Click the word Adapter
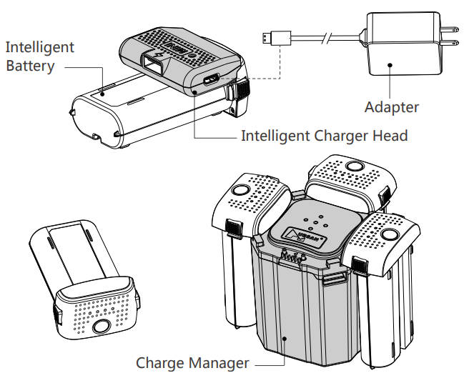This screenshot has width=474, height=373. click(391, 108)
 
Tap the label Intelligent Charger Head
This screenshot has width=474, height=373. click(324, 136)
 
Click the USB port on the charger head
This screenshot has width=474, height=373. click(209, 79)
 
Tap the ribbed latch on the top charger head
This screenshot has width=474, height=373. click(240, 89)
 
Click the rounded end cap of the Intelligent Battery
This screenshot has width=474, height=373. click(85, 119)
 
